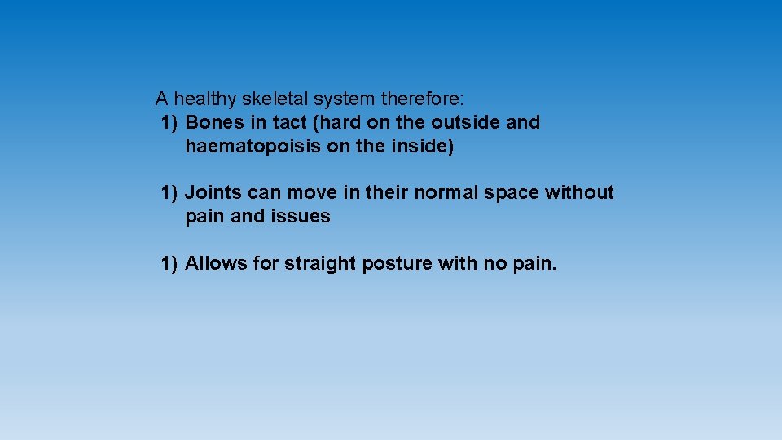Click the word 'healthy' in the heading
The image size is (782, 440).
point(203,99)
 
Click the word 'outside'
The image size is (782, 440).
point(466,123)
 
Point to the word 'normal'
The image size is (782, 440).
point(442,193)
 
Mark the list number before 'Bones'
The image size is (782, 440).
point(169,123)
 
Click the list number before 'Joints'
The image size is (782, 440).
point(169,193)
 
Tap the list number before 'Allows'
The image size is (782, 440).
point(169,263)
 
